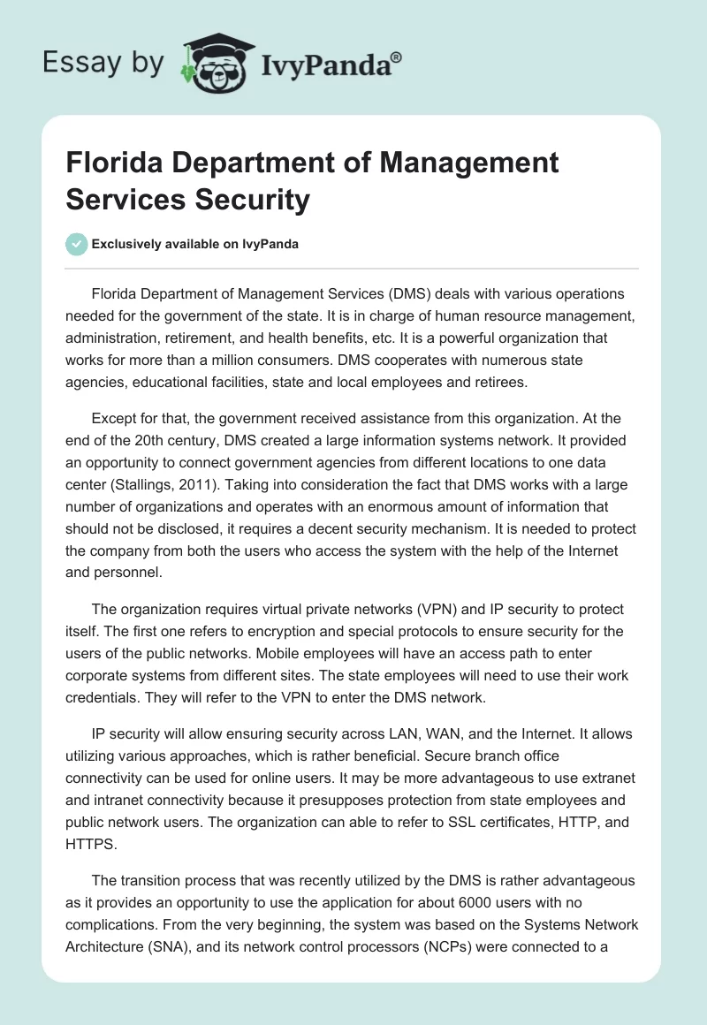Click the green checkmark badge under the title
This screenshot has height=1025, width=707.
[x=77, y=244]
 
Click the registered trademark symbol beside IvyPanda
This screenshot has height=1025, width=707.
[x=397, y=56]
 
